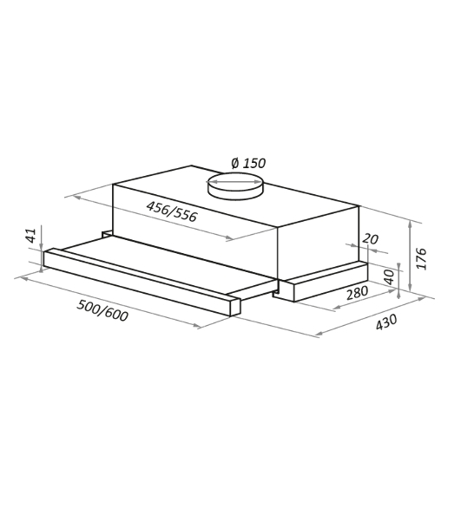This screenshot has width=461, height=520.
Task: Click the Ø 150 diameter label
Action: coord(249,163)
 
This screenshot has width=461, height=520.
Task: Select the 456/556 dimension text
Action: coord(172,211)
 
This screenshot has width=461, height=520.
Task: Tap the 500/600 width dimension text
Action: coord(102,311)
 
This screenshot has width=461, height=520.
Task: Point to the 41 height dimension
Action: coord(30,235)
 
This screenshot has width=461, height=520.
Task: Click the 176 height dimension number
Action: coord(421,258)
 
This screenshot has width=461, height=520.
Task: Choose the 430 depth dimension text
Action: coord(386,322)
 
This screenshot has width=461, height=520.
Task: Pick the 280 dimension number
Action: coord(358,293)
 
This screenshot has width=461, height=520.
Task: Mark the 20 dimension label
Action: coord(370,239)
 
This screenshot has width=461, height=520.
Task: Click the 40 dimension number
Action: coord(389,277)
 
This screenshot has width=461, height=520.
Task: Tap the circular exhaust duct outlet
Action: coord(235,186)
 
